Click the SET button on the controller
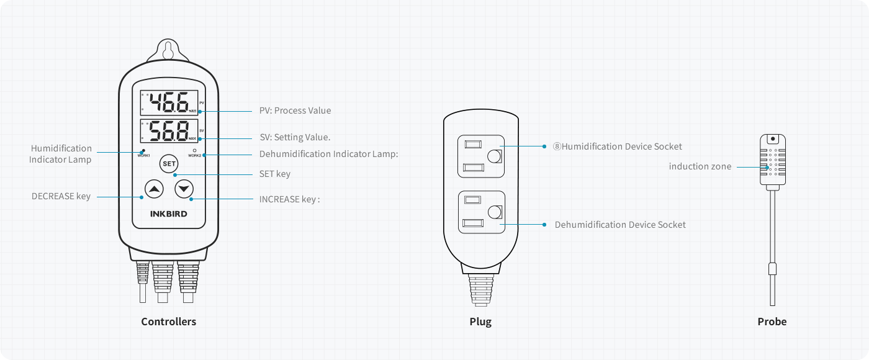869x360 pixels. (x=169, y=164)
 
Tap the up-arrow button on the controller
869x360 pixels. (x=155, y=189)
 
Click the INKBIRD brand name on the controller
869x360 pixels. (x=169, y=214)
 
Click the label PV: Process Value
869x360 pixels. (x=295, y=110)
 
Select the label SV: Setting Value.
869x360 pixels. (x=295, y=137)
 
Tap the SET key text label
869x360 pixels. (x=274, y=174)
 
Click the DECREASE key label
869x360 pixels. (x=61, y=196)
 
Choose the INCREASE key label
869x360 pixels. (x=289, y=199)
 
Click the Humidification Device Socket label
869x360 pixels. (x=618, y=146)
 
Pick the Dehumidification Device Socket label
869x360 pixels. (x=620, y=225)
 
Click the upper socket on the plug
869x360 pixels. (x=480, y=155)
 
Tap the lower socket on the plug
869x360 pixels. (x=480, y=212)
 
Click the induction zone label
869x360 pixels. (x=700, y=166)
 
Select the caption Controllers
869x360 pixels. (x=168, y=322)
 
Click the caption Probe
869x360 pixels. (x=772, y=322)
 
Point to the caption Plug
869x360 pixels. (x=480, y=322)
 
